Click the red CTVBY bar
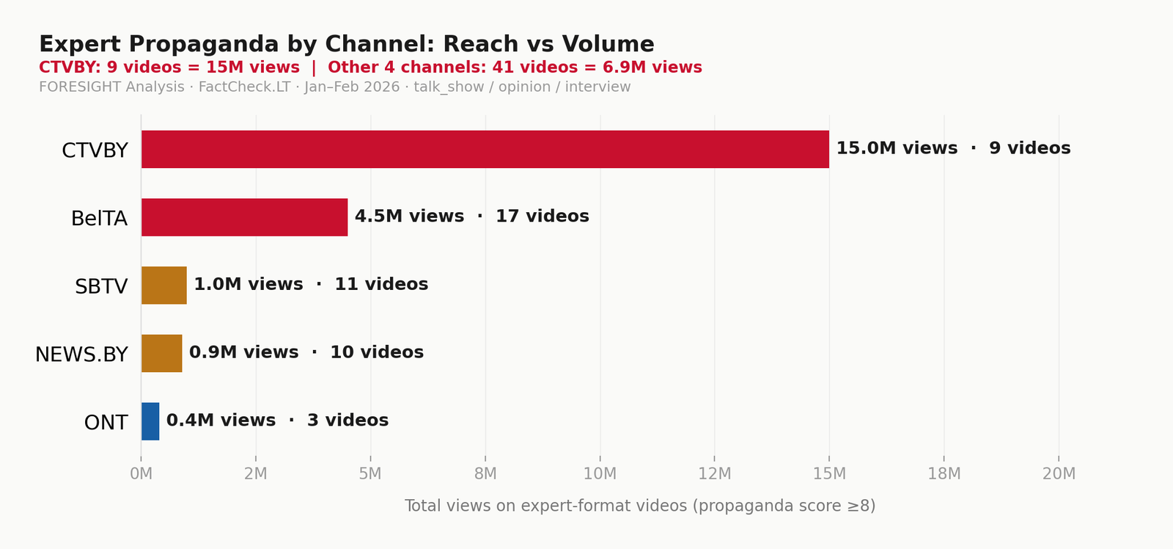[x=485, y=149]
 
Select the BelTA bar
[x=244, y=217]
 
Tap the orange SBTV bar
[x=163, y=285]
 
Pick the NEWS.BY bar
[x=161, y=353]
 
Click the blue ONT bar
[x=150, y=421]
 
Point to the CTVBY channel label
[x=95, y=150]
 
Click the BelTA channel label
[x=99, y=219]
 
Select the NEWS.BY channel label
[x=81, y=355]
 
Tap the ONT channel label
[x=106, y=423]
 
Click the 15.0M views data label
[x=897, y=148]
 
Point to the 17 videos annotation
[x=543, y=217]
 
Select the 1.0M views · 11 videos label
[x=311, y=284]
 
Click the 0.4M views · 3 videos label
[x=277, y=421]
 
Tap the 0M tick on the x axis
[x=141, y=474]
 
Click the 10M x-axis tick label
[x=600, y=474]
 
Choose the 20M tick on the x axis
[x=1059, y=474]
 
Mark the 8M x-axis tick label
[x=485, y=474]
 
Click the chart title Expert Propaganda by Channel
[x=346, y=44]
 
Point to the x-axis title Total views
[x=639, y=506]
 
